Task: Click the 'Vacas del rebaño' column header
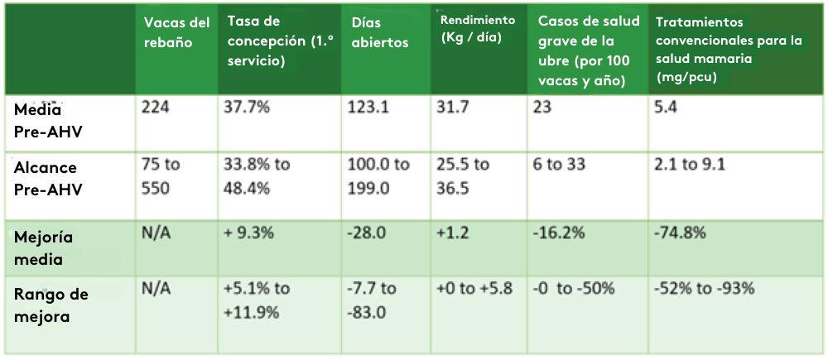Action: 176,32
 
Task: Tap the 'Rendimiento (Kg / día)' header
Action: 477,27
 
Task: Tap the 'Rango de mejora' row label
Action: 51,304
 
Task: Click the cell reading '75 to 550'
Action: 160,175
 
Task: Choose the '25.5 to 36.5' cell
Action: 462,175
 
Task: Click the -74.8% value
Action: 680,234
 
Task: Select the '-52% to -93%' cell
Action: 704,289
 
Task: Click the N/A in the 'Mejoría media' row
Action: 156,234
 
